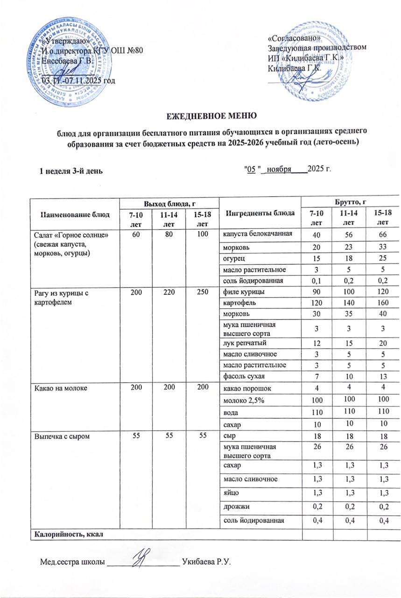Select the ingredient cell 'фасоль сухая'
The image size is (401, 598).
pyautogui.click(x=241, y=375)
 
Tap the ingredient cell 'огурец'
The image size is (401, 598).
pyautogui.click(x=232, y=257)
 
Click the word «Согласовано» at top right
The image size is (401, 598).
pyautogui.click(x=294, y=38)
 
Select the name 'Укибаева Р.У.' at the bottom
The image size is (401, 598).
pyautogui.click(x=208, y=560)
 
